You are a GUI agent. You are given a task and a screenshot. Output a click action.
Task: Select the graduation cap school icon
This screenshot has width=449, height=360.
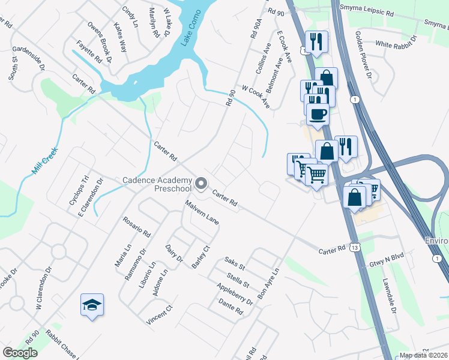[x=92, y=305]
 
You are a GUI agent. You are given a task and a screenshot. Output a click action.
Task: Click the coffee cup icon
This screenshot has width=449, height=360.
[x=318, y=113]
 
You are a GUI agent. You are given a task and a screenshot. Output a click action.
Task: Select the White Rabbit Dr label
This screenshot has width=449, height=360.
[x=399, y=44]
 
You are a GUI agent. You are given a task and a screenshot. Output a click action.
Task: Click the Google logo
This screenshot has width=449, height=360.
[x=20, y=353]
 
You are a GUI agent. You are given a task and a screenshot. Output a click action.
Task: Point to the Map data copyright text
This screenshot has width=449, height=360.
[x=424, y=355]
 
